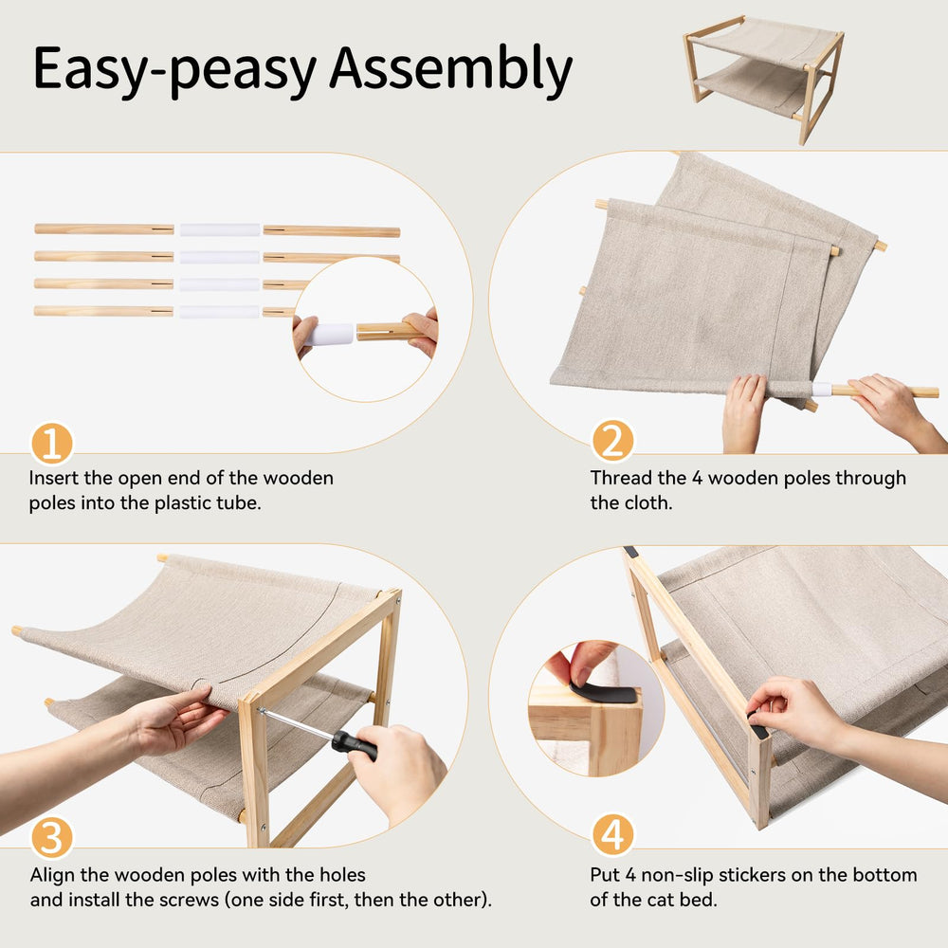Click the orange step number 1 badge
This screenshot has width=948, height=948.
(x=52, y=444)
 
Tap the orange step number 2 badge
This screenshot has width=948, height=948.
(x=612, y=441)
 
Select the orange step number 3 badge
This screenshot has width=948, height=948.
(x=52, y=837)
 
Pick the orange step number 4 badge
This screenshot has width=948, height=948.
(x=612, y=835)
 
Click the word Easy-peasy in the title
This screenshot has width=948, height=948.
(x=175, y=71)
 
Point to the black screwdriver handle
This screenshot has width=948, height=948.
(x=355, y=745)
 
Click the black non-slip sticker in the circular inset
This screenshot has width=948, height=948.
(x=605, y=694)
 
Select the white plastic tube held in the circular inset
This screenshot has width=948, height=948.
(x=330, y=334)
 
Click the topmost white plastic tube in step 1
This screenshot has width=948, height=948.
(x=220, y=229)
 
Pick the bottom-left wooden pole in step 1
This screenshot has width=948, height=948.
(x=103, y=311)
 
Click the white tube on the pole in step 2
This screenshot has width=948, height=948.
(x=822, y=389)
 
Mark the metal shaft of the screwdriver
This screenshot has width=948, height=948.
(x=296, y=723)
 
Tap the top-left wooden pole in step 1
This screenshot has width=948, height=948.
(x=104, y=228)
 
